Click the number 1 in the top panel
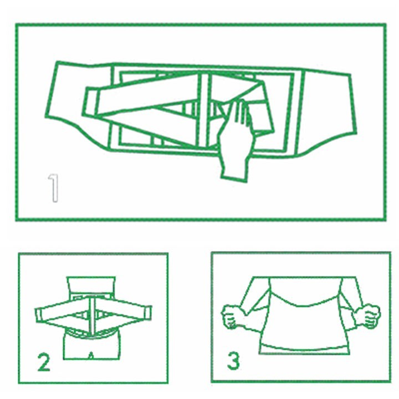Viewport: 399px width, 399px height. [x=54, y=188]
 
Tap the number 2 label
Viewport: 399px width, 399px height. [x=44, y=362]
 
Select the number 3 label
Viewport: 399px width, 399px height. [x=233, y=360]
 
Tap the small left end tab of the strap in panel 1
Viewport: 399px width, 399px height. [x=90, y=102]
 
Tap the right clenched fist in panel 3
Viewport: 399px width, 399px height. [x=368, y=316]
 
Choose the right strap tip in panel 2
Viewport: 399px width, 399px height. [x=148, y=313]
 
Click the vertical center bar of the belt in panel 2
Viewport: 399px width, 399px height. [x=91, y=315]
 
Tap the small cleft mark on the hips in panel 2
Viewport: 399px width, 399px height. [x=91, y=355]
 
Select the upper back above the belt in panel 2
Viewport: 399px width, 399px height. [x=91, y=284]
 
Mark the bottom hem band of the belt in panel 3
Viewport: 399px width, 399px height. [x=304, y=349]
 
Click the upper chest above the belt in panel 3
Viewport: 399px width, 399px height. [x=305, y=290]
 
